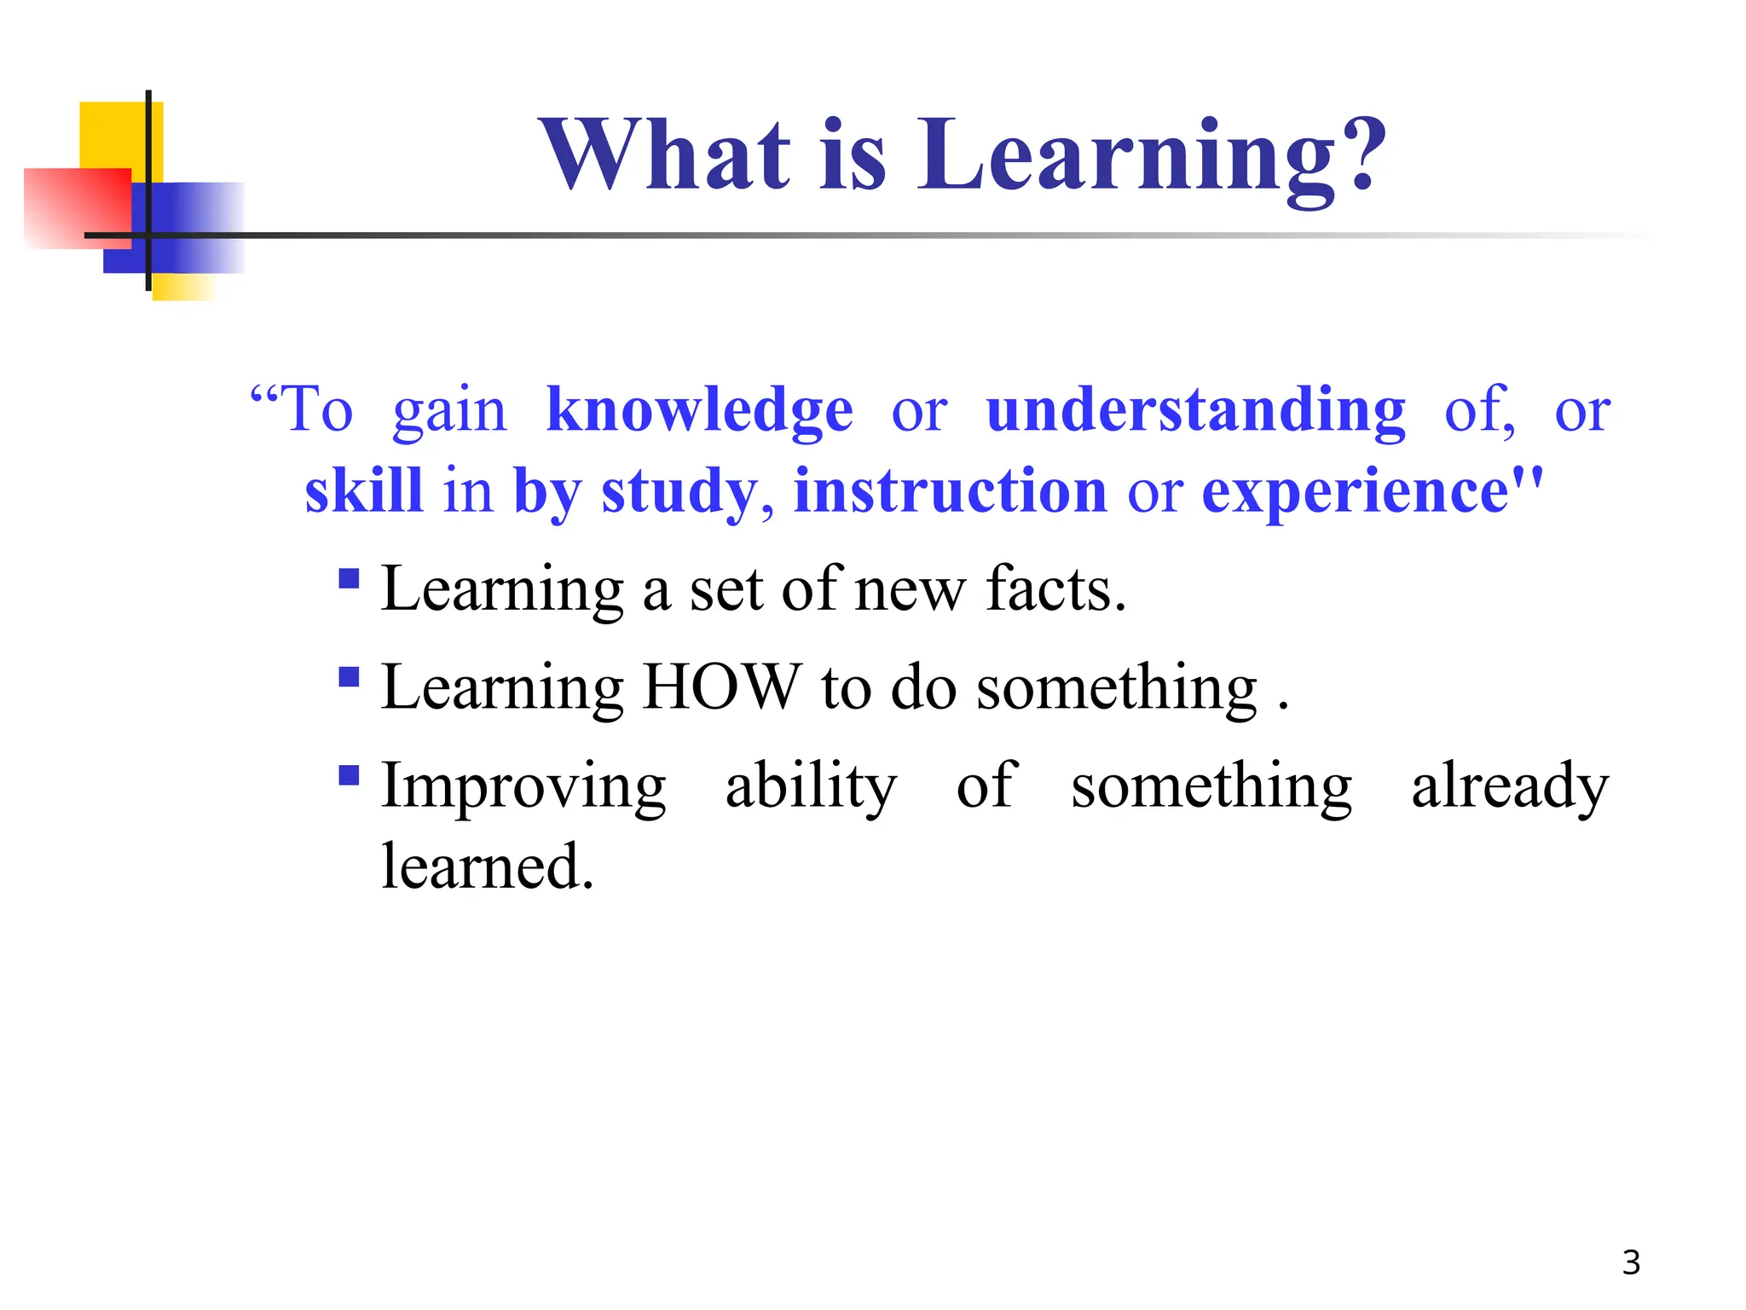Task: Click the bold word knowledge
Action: (x=699, y=411)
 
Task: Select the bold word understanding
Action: (x=1195, y=411)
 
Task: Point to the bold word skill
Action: (x=364, y=491)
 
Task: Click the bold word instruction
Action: (x=950, y=491)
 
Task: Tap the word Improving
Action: (x=523, y=786)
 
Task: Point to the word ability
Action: (x=811, y=786)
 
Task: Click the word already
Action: (x=1510, y=786)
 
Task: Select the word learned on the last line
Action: (x=487, y=867)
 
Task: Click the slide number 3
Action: (x=1630, y=1262)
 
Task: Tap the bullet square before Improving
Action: (x=349, y=775)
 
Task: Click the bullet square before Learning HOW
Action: (x=349, y=677)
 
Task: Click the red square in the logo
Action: (x=77, y=208)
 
